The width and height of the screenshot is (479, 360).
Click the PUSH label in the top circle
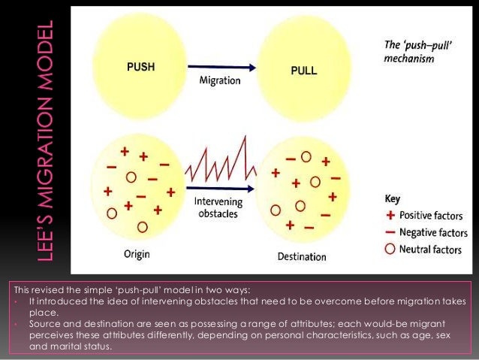tap(141, 65)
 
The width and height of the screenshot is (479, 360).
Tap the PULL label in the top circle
tap(303, 71)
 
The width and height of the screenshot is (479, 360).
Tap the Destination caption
tap(302, 256)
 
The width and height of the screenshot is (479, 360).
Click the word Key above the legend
tap(392, 200)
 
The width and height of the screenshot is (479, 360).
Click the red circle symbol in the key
tap(390, 248)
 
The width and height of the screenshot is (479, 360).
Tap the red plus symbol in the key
tap(390, 216)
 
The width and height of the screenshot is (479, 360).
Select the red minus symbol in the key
tap(390, 233)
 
